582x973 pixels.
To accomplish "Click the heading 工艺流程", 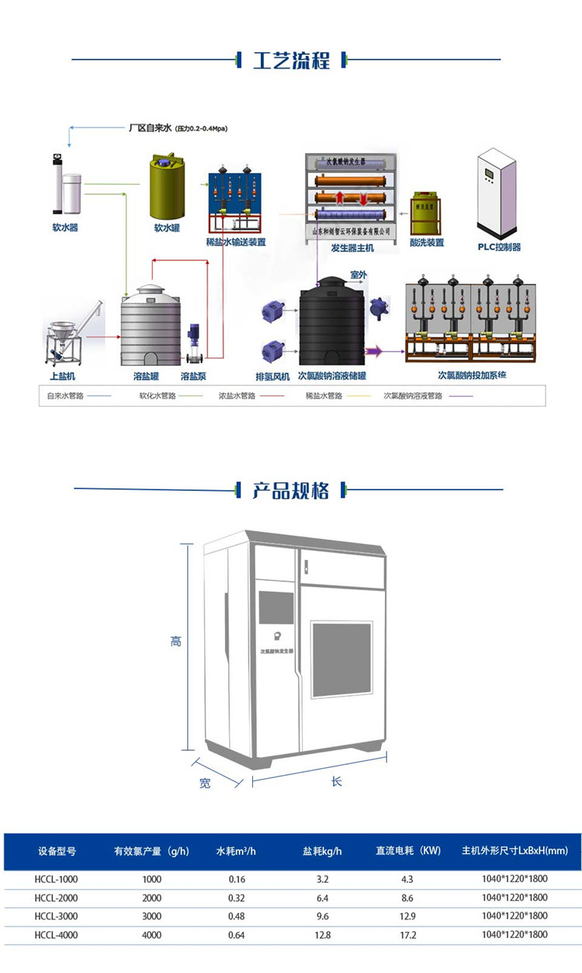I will [x=291, y=60].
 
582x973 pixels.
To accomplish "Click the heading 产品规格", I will [x=291, y=490].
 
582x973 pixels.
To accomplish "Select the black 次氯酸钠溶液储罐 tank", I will [x=332, y=322].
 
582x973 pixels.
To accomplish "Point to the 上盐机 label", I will [x=63, y=376].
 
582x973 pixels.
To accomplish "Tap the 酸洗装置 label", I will [x=426, y=242].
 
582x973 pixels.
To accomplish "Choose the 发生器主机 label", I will [x=352, y=248].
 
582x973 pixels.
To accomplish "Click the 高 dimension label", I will [x=176, y=641].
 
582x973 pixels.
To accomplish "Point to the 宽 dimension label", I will [x=204, y=784].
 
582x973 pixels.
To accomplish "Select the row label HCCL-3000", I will [x=57, y=916].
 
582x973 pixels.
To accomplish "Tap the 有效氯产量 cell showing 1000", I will [x=152, y=878].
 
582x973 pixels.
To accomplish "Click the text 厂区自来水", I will [x=149, y=127].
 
